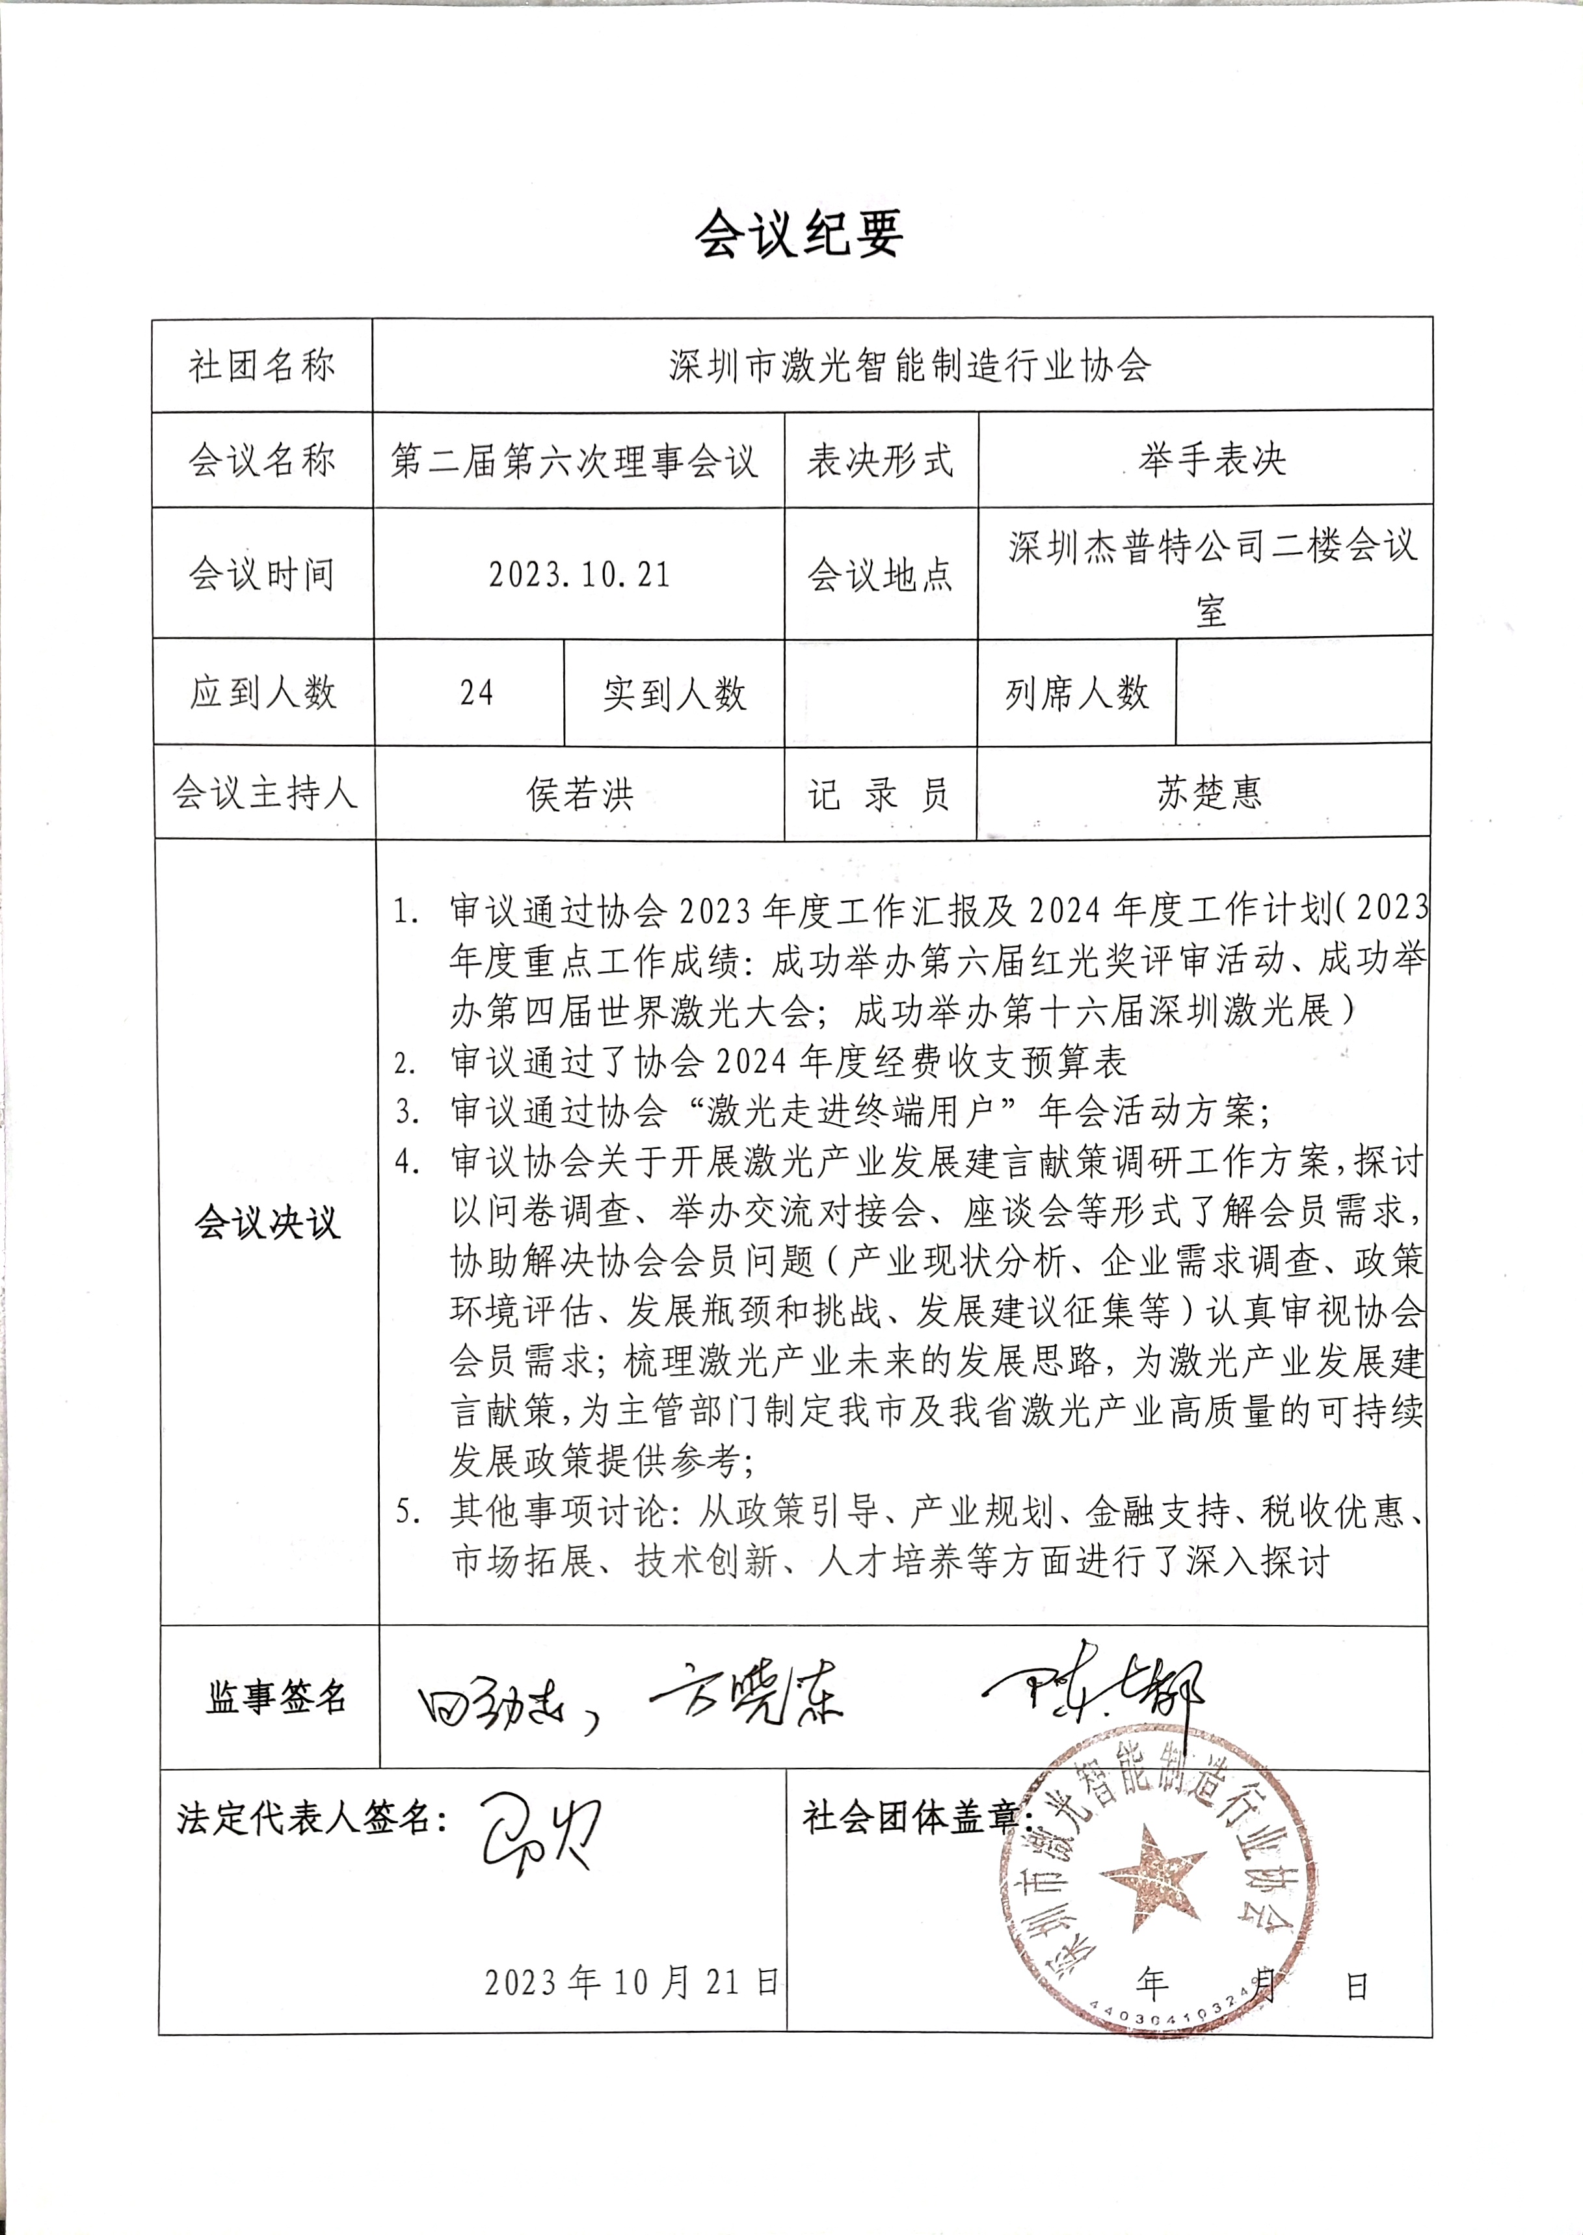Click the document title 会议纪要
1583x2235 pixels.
click(798, 235)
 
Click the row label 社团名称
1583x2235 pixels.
click(261, 366)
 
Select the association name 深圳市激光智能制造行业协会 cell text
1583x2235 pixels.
click(909, 366)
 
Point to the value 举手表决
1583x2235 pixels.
click(1212, 459)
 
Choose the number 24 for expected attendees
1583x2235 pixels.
click(477, 693)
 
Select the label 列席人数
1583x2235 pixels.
click(1077, 693)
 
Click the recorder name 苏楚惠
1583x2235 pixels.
click(1208, 792)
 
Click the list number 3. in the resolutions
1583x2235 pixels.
click(406, 1112)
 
